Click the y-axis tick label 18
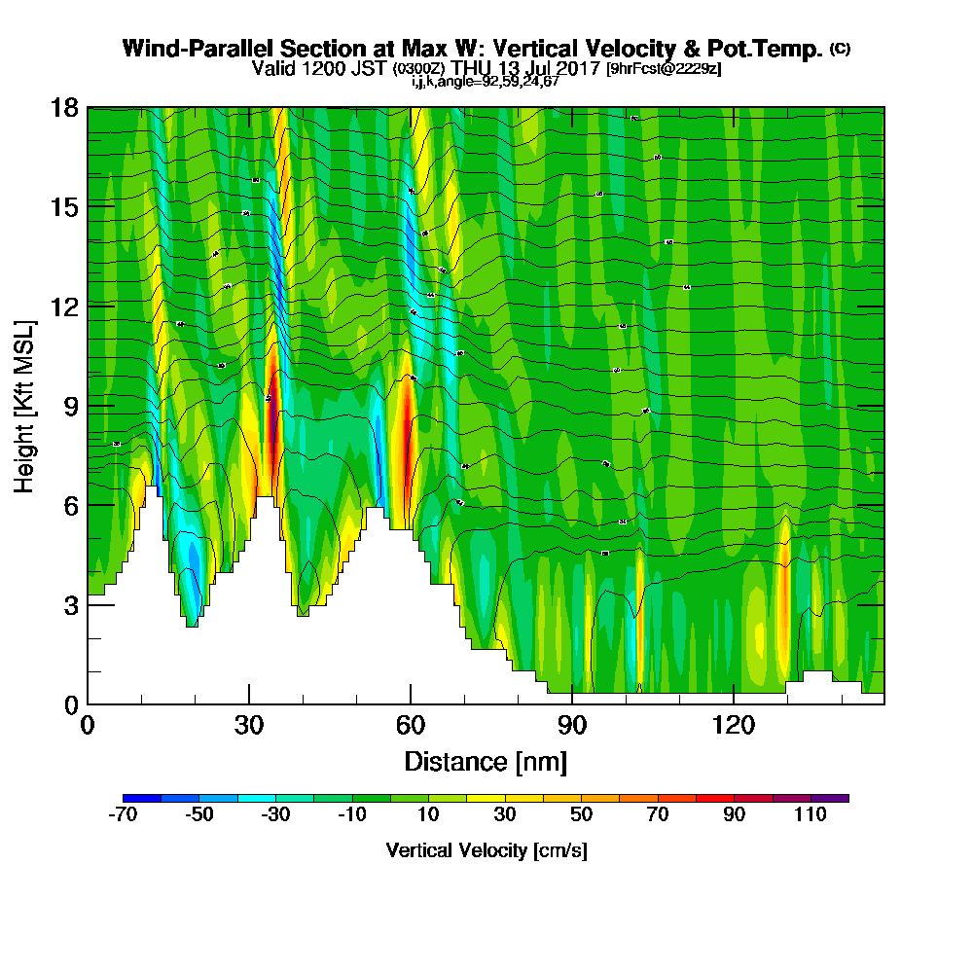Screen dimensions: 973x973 [x=64, y=107]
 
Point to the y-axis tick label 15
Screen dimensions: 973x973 [x=64, y=206]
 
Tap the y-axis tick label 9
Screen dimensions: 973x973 [x=70, y=405]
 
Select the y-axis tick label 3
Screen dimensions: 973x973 [x=70, y=604]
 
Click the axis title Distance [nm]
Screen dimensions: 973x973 [x=486, y=760]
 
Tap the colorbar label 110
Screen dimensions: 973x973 [x=811, y=815]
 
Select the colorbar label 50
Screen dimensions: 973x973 [x=581, y=815]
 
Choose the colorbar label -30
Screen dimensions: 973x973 [x=275, y=815]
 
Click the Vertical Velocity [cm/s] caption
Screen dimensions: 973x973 [x=486, y=851]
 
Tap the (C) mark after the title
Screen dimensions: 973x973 [x=840, y=49]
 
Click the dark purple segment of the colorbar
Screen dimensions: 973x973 [x=830, y=798]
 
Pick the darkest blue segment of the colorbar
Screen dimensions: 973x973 [x=142, y=798]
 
